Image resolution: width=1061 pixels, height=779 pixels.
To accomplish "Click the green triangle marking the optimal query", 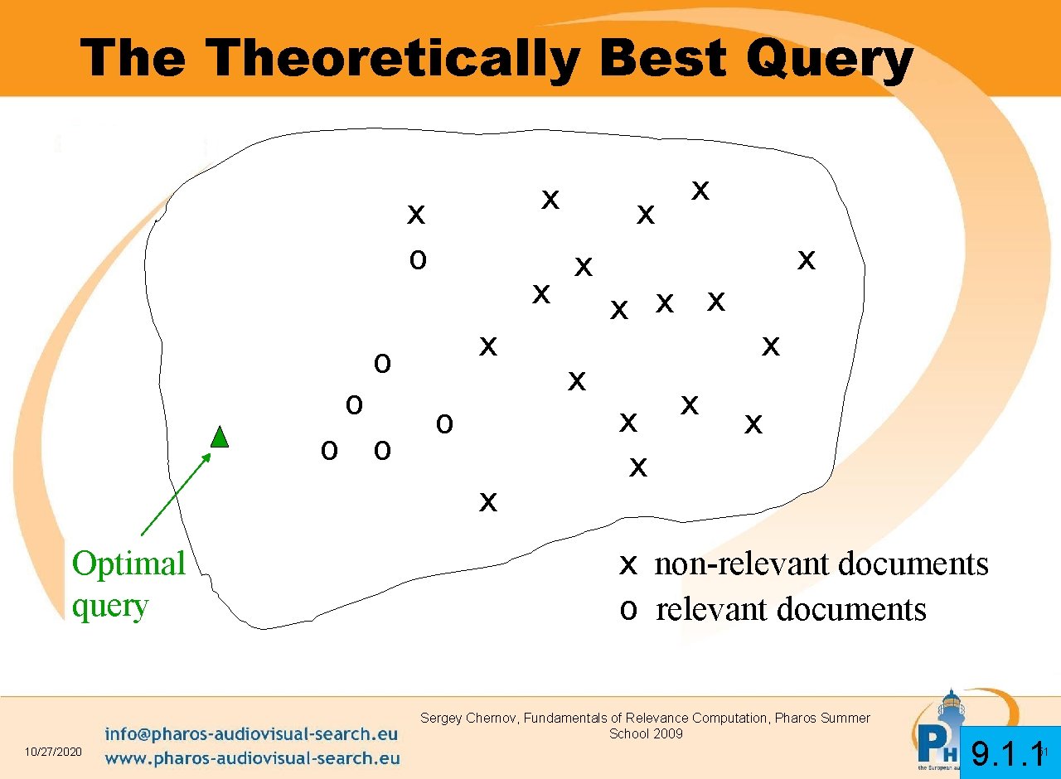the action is tap(220, 437).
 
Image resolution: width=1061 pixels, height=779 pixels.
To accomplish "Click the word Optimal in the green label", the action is tap(128, 564).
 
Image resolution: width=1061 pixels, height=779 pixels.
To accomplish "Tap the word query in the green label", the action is tap(109, 607).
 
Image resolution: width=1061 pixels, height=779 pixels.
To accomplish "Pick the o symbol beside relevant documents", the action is tap(628, 610).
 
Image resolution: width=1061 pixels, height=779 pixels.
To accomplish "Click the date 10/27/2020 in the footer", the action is tap(53, 752).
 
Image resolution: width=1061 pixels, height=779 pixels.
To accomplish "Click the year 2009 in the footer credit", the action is tap(667, 733).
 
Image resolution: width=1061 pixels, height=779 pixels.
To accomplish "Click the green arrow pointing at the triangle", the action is tap(176, 494).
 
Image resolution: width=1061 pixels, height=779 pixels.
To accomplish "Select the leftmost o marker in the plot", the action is tap(329, 450).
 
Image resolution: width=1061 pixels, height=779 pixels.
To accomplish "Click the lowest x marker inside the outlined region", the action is tap(488, 501).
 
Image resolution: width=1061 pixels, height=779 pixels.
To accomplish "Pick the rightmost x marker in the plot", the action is tap(806, 260).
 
